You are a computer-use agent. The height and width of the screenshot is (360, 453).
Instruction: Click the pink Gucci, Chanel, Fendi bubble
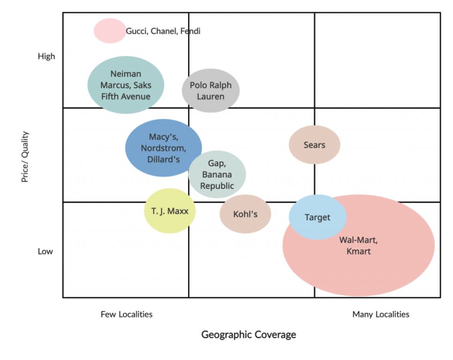(x=110, y=31)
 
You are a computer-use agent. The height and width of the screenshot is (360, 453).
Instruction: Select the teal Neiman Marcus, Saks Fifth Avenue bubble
(x=126, y=85)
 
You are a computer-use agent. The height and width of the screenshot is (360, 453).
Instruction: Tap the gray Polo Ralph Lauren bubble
(x=211, y=90)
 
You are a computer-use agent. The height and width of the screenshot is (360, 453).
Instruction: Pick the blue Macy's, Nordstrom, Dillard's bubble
(x=163, y=148)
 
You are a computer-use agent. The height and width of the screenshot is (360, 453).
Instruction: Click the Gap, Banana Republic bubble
(x=217, y=174)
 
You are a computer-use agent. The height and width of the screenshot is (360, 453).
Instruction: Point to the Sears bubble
(x=314, y=145)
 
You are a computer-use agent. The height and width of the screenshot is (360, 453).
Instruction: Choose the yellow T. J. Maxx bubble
(x=169, y=211)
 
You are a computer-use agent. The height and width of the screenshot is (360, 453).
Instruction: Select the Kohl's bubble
(x=245, y=214)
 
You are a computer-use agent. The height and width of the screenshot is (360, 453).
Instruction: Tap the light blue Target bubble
(x=317, y=217)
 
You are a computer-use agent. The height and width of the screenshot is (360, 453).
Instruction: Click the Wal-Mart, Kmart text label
(x=358, y=246)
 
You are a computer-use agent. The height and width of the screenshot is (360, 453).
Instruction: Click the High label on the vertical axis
(x=46, y=56)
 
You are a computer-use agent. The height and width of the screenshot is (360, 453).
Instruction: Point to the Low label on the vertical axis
(x=45, y=251)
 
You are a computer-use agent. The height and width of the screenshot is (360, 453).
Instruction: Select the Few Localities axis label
(x=127, y=314)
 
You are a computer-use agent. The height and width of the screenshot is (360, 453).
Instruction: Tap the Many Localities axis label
(x=381, y=314)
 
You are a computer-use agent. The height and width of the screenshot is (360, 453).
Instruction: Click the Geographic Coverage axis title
(x=249, y=335)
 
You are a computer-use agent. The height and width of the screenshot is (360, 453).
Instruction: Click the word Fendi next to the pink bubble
(x=190, y=31)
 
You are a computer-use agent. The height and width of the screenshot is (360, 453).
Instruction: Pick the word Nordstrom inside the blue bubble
(x=163, y=148)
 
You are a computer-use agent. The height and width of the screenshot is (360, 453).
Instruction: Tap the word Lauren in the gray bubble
(x=211, y=97)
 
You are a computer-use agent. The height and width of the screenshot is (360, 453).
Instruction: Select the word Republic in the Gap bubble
(x=217, y=186)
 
